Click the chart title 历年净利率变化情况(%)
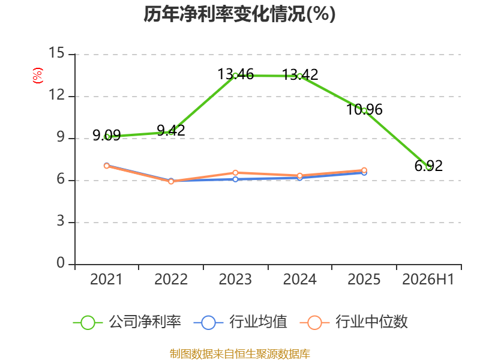239,14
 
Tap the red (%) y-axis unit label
38,76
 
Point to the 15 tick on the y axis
56,53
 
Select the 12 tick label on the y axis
56,95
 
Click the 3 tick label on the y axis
61,221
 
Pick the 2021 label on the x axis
106,279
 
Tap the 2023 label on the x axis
235,279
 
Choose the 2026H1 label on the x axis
428,279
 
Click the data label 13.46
235,74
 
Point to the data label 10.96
364,110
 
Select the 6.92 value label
428,166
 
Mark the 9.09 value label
107,135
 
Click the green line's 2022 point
171,132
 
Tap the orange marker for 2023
235,173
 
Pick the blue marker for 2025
364,173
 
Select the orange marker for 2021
107,166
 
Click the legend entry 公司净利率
127,322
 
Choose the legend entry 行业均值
241,322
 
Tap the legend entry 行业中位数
354,322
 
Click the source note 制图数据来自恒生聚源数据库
239,354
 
